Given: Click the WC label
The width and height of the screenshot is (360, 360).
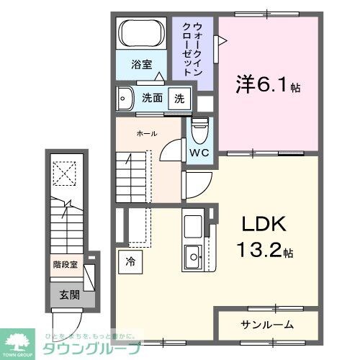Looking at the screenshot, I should pos(199,153).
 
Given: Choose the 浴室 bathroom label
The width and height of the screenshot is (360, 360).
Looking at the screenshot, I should pos(141,64).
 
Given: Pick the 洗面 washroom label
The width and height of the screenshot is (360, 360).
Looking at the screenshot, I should pos(151,99).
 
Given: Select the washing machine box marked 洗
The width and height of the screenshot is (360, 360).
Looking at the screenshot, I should pos(179,99).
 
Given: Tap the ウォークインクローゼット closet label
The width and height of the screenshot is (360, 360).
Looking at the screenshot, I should pos(194,51).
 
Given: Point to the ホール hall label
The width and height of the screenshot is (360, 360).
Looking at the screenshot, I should pos(146,133).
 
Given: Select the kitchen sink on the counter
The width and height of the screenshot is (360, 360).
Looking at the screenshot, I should pos(194,254).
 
